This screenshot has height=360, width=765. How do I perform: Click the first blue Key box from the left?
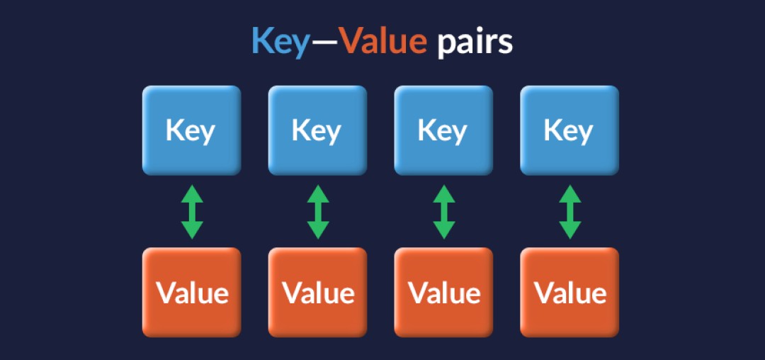191,130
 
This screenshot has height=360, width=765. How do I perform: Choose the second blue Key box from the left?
317,130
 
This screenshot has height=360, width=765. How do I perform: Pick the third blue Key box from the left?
443,130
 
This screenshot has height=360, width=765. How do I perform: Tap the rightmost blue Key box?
569,130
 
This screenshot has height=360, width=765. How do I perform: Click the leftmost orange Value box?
191,292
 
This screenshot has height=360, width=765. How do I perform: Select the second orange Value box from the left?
317,292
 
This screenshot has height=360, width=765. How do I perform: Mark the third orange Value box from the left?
443,292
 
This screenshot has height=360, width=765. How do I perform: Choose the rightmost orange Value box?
569,292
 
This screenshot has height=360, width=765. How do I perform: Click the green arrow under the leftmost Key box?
192,211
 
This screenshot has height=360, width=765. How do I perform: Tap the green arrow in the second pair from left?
318,211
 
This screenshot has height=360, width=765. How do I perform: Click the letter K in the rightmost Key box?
552,130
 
